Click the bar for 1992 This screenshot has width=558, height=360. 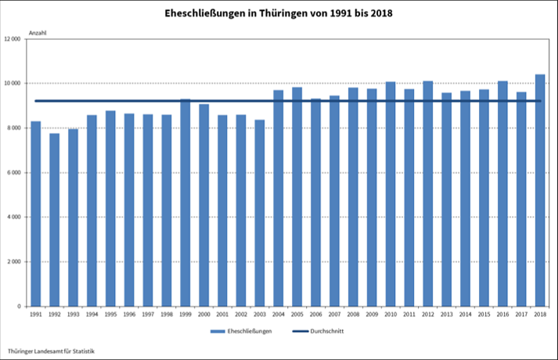click(55, 220)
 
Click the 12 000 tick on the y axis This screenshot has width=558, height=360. click(13, 39)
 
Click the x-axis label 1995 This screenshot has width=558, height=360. click(110, 314)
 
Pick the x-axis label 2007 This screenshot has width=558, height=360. click(334, 314)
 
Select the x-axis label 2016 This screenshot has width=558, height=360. click(502, 314)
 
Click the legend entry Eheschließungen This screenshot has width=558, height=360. click(249, 331)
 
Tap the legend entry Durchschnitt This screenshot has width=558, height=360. click(326, 331)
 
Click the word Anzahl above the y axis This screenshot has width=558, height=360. click(38, 32)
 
